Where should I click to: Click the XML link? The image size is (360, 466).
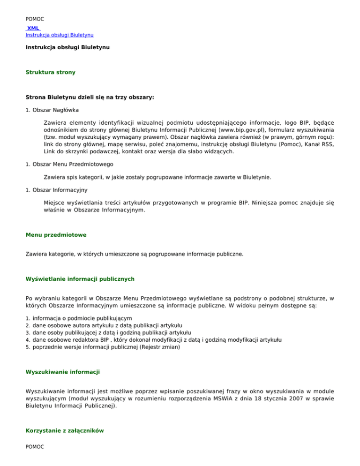click(33, 28)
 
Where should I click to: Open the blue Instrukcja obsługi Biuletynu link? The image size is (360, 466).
click(59, 35)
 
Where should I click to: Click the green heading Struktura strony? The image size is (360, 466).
click(50, 73)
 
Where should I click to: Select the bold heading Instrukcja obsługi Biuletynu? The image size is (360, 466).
click(67, 48)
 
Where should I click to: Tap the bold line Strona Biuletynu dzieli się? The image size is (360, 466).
click(90, 98)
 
